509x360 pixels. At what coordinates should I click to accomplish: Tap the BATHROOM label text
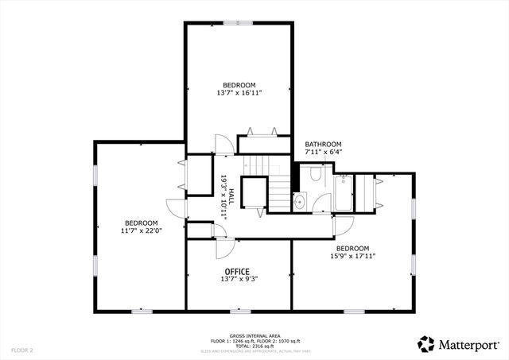click(x=323, y=144)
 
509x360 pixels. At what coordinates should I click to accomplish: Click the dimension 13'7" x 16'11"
click(x=239, y=93)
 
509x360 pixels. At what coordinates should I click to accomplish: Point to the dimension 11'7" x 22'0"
click(x=141, y=231)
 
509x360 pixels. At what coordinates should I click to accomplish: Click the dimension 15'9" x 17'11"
click(x=352, y=256)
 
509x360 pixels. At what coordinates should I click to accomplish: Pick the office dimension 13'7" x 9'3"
click(x=239, y=279)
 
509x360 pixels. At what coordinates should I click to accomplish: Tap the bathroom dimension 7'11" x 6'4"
click(x=323, y=152)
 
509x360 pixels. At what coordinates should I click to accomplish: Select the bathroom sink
click(x=299, y=202)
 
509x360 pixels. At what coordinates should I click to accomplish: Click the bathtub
click(x=344, y=193)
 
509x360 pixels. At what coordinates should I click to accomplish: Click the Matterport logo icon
click(x=426, y=343)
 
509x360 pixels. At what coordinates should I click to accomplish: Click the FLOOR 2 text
click(x=21, y=350)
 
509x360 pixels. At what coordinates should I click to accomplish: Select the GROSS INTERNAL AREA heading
click(x=252, y=335)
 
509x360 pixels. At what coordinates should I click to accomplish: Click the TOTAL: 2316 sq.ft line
click(x=252, y=345)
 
